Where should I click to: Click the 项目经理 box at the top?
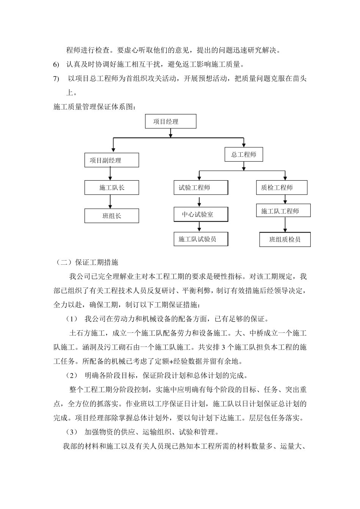pos(171,122)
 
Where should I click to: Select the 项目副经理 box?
pos(111,160)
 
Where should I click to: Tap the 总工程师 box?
pos(244,155)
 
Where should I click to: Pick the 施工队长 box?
pos(111,187)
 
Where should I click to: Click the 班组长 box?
pos(111,216)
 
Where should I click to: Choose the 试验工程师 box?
pos(201,187)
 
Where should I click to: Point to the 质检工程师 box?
pos(282,187)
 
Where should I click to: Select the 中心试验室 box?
pos(201,214)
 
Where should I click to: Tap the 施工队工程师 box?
pos(283,211)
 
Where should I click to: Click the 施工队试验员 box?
pos(201,239)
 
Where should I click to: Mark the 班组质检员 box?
pos(285,239)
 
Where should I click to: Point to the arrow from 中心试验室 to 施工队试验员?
pos(199,226)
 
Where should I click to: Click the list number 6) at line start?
pos(56,64)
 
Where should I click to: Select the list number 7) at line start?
pos(56,79)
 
